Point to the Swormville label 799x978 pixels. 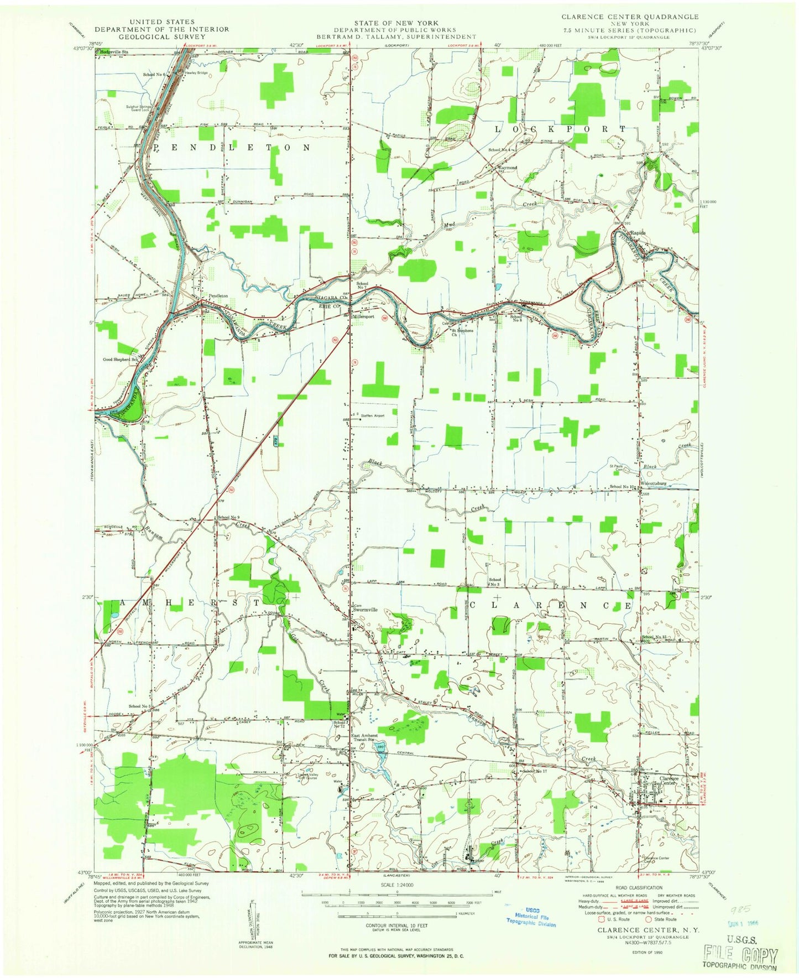[367, 610]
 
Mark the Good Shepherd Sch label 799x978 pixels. [120, 359]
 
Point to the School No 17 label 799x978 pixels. [535, 771]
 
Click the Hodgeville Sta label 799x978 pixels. [114, 51]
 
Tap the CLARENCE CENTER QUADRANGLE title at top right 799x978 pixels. [630, 17]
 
